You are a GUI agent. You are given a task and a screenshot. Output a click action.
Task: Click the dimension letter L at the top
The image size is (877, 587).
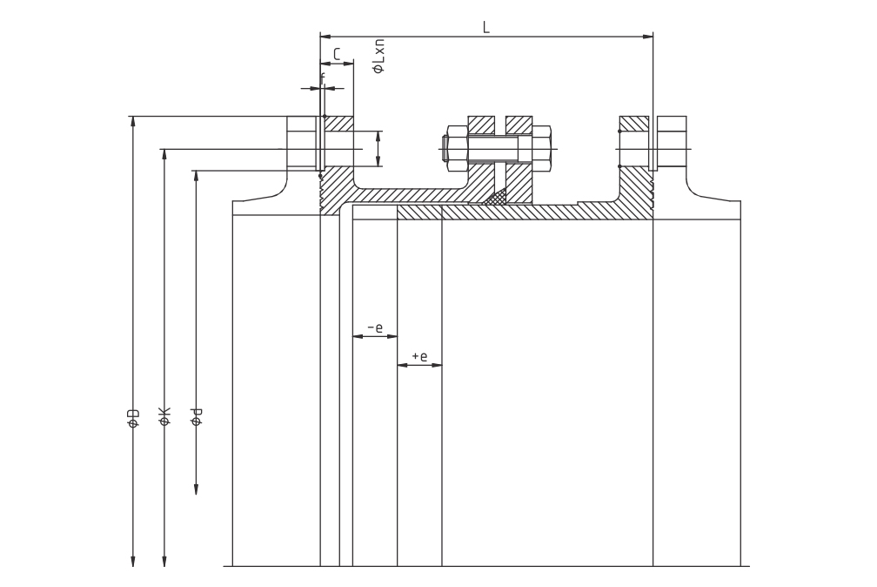pyautogui.click(x=486, y=27)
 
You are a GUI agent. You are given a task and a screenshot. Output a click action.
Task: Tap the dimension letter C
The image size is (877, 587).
pyautogui.click(x=337, y=54)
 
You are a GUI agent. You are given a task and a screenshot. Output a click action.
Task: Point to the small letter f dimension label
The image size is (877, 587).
pyautogui.click(x=323, y=79)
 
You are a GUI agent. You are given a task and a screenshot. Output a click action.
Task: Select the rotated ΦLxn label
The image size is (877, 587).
pyautogui.click(x=378, y=56)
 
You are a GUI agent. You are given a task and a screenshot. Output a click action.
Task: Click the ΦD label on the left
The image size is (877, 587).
pyautogui.click(x=133, y=418)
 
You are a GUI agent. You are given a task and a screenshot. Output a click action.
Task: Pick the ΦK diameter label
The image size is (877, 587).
pyautogui.click(x=164, y=417)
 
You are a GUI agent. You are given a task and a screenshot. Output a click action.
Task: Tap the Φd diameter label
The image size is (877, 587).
pyautogui.click(x=197, y=417)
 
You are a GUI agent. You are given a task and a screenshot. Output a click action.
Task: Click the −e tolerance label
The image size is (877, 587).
pyautogui.click(x=375, y=327)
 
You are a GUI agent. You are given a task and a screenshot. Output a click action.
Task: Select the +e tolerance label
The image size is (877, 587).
pyautogui.click(x=419, y=355)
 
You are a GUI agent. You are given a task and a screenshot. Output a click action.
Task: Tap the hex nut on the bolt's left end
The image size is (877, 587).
pyautogui.click(x=456, y=149)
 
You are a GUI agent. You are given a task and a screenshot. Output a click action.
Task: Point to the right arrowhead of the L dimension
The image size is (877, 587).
pyautogui.click(x=648, y=37)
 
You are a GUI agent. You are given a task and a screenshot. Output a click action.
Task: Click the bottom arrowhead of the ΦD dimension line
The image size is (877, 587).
pyautogui.click(x=133, y=561)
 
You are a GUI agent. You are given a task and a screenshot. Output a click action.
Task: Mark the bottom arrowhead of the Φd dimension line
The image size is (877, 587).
pyautogui.click(x=196, y=489)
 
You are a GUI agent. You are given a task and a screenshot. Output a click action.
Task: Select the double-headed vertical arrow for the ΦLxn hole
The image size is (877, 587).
pyautogui.click(x=378, y=148)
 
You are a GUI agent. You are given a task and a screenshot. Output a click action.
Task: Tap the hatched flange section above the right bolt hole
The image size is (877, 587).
pyautogui.click(x=633, y=123)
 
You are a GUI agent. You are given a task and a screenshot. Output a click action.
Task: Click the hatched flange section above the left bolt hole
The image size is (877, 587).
pyautogui.click(x=339, y=123)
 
